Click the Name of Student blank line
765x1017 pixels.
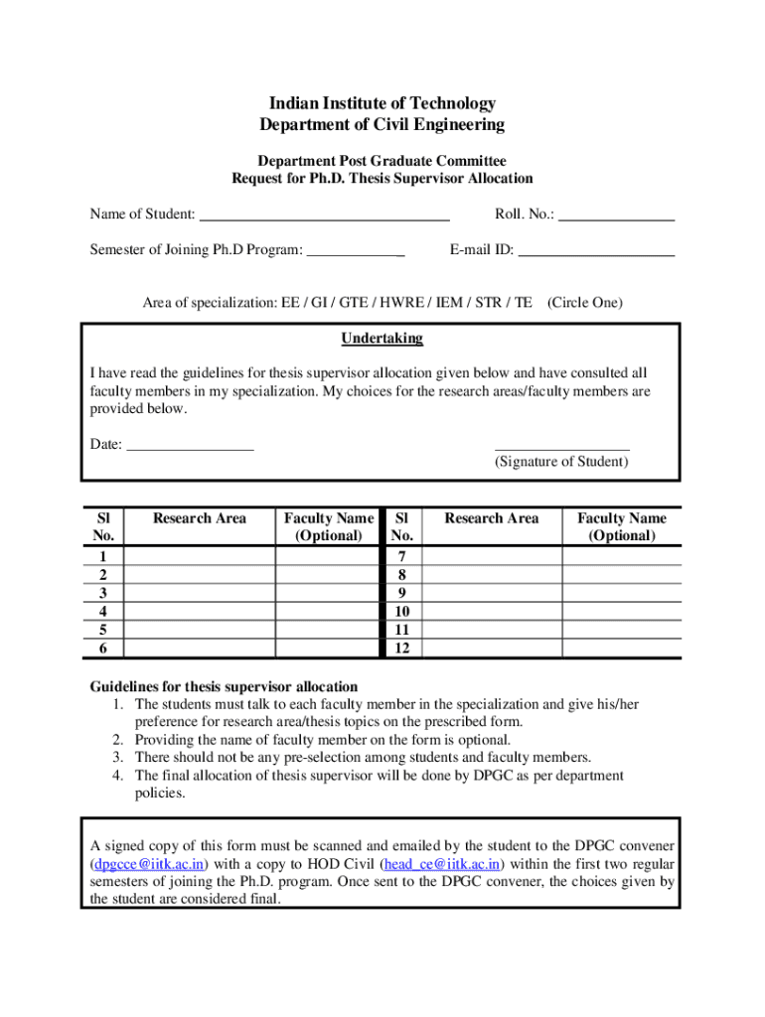point(325,214)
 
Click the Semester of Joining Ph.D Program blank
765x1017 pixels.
point(355,250)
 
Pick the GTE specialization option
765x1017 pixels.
point(332,302)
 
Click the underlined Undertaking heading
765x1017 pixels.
point(382,339)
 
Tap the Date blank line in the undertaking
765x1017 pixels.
point(191,444)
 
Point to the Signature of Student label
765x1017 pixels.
point(561,462)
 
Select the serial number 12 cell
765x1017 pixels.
point(401,649)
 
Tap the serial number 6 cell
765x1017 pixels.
point(103,649)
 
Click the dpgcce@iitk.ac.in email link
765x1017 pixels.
point(149,863)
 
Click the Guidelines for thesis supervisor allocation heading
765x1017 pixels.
point(224,686)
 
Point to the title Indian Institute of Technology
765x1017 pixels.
point(382,103)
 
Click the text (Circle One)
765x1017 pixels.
point(585,302)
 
